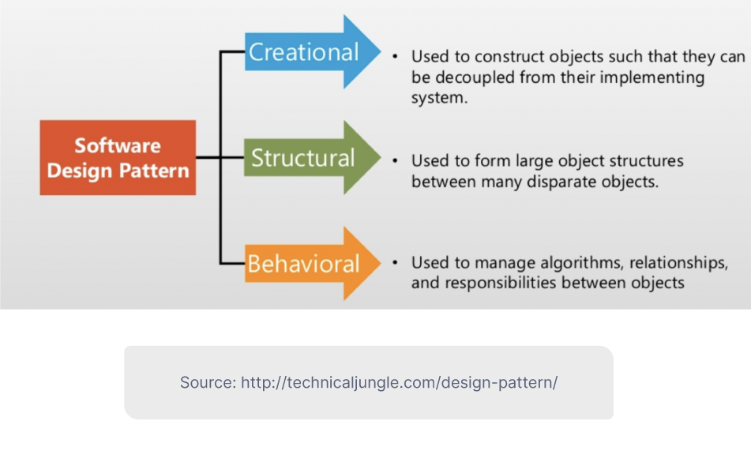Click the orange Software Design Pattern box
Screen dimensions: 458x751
[x=118, y=158]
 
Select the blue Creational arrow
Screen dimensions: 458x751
[x=304, y=52]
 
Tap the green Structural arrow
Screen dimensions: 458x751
[x=303, y=158]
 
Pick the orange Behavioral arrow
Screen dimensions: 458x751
[x=304, y=263]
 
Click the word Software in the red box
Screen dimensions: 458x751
[x=118, y=145]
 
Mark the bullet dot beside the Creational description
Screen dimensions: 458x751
[x=396, y=58]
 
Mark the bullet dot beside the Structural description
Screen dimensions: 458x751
[x=396, y=160]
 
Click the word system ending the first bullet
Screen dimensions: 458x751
[x=438, y=98]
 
